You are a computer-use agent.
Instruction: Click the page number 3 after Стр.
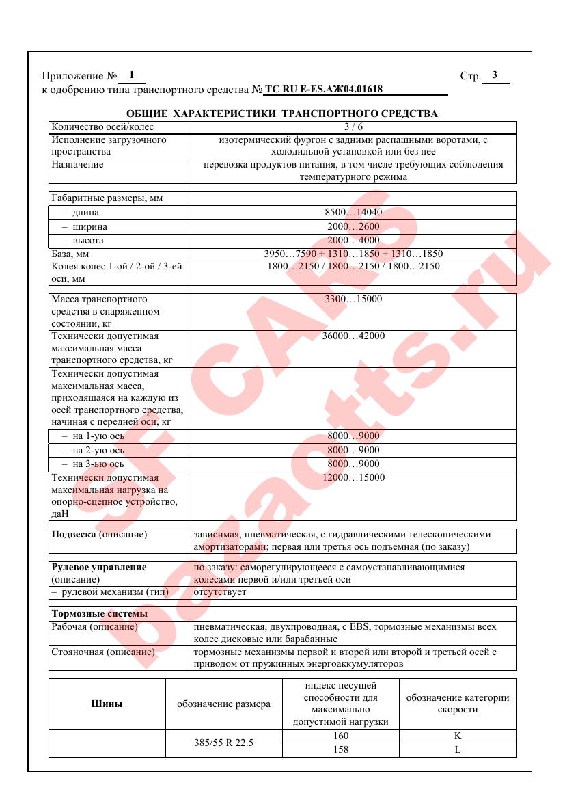click(x=494, y=75)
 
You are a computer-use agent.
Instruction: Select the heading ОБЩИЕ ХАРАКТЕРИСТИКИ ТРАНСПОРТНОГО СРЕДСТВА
click(x=282, y=113)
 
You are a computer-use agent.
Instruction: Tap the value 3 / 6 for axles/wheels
click(x=353, y=126)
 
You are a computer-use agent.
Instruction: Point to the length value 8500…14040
click(x=353, y=213)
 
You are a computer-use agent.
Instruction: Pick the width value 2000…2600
click(x=353, y=226)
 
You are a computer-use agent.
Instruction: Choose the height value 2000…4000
click(x=353, y=241)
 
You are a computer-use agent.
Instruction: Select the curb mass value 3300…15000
click(x=353, y=299)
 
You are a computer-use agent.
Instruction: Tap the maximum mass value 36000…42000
click(x=353, y=336)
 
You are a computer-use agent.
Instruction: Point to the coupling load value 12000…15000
click(x=353, y=477)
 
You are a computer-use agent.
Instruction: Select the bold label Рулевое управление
click(x=99, y=568)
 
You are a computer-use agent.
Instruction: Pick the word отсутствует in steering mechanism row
click(x=220, y=592)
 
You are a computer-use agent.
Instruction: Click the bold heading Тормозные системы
click(x=99, y=613)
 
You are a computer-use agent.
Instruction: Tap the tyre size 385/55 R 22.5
click(x=224, y=743)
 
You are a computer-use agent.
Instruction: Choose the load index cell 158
click(x=340, y=749)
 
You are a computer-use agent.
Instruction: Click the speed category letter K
click(x=457, y=736)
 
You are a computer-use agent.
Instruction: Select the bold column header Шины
click(x=107, y=704)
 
